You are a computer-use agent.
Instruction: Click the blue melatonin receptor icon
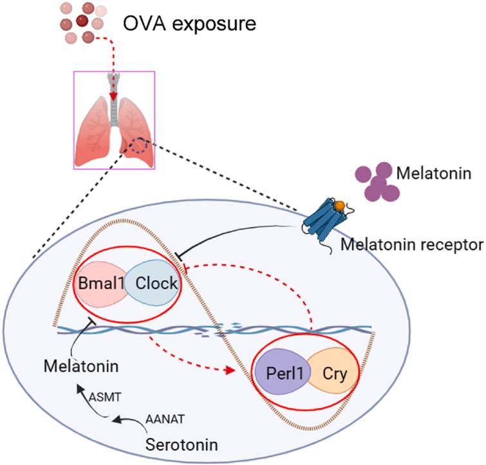click(325, 220)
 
